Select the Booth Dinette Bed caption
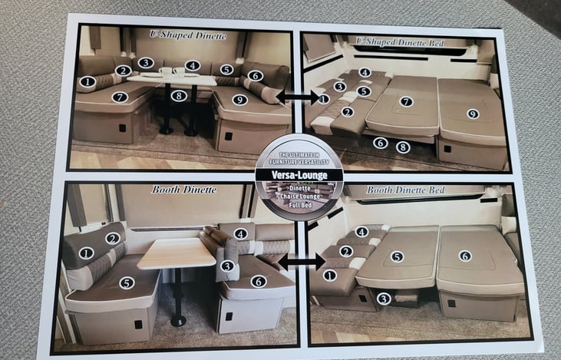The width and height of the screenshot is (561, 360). point(406,190)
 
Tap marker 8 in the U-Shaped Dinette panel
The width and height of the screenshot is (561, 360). point(179,96)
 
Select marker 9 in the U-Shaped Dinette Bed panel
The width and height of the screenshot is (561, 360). point(472,114)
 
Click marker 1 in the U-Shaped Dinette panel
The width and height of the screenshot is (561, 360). point(87,81)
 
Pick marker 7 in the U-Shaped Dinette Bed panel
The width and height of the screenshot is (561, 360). point(407,101)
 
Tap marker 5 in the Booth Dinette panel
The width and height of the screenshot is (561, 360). point(127,282)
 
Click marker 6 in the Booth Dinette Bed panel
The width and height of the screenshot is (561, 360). point(465,256)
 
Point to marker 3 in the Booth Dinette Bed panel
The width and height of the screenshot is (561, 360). point(384,298)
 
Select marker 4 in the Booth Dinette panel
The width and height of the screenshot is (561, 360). point(239,233)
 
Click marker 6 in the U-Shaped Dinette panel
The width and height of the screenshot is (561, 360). point(256,76)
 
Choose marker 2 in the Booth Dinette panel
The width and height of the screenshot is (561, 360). point(113,238)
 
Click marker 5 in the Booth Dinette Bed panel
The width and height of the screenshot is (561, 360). point(397,256)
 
